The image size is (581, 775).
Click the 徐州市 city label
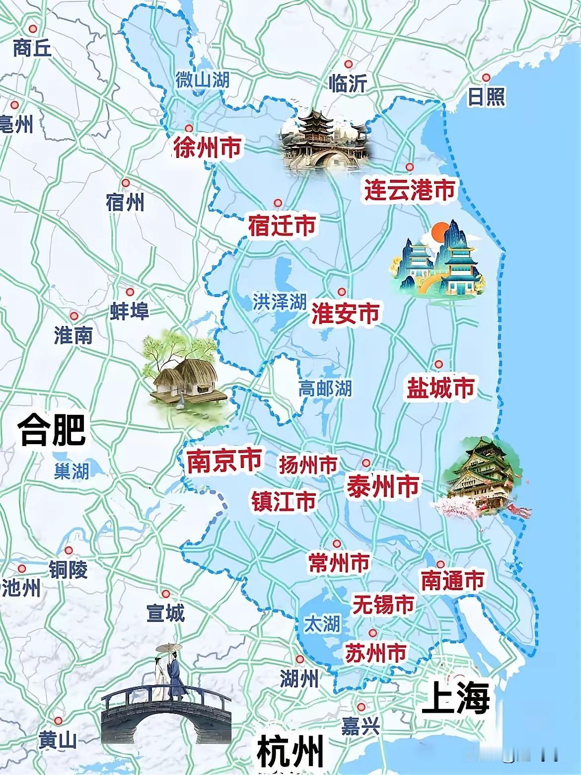(208, 148)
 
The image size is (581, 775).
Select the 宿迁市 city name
(282, 226)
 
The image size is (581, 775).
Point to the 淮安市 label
(346, 313)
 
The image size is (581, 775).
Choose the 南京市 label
(224, 462)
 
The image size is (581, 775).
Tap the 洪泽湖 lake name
(279, 302)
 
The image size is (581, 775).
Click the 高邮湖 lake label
(325, 388)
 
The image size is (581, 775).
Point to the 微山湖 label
(203, 79)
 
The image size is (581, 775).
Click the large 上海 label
(455, 697)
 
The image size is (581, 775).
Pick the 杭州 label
(290, 752)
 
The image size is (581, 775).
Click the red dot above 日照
(486, 77)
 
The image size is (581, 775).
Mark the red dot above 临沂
(349, 64)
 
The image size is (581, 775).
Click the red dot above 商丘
(33, 28)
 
